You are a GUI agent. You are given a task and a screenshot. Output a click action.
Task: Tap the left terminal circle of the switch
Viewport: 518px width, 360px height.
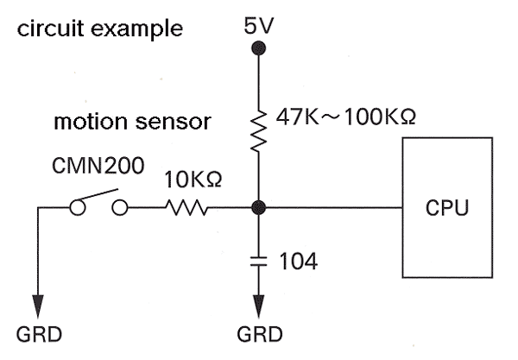click(x=77, y=208)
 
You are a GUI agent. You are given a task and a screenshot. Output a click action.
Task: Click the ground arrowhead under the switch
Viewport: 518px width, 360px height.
click(x=38, y=306)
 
